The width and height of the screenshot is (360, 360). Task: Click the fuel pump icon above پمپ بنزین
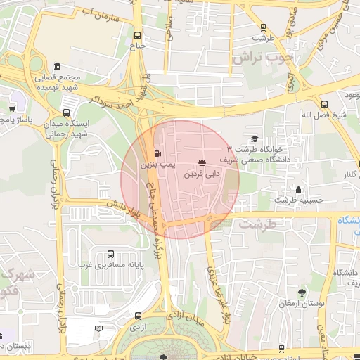pos(156,153)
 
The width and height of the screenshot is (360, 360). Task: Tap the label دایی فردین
pos(202,172)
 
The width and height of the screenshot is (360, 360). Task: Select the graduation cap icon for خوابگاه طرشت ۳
pos(255,139)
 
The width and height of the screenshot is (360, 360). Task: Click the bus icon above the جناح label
pos(136,34)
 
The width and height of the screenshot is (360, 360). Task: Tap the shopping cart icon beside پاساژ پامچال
pos(12,109)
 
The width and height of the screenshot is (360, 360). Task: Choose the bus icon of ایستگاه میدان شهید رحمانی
pos(67,112)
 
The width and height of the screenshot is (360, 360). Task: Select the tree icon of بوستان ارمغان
pos(302,292)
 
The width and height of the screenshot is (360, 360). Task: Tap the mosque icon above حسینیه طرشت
pos(299,189)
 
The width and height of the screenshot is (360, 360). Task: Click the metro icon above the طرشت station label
pos(263,27)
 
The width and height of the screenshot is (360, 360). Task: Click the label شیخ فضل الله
pos(323,115)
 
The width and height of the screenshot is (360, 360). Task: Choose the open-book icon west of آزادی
pos(99,328)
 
